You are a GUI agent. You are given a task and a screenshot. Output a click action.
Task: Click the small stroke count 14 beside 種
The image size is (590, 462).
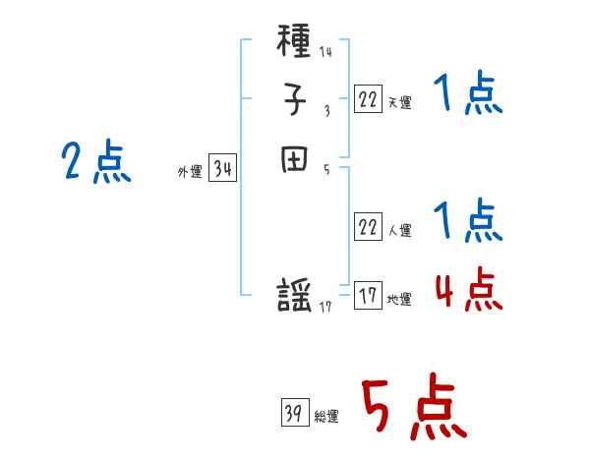point(325,52)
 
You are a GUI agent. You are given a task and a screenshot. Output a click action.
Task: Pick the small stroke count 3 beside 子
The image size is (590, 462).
point(326,110)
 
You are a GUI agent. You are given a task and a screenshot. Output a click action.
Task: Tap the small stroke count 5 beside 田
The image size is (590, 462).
point(326,168)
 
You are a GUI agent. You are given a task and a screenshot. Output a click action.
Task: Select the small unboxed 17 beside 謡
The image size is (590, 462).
point(326,308)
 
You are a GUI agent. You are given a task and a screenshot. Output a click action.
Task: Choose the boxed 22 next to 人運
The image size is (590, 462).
point(368,227)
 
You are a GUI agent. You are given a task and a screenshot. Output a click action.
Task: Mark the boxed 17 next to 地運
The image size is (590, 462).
point(368,295)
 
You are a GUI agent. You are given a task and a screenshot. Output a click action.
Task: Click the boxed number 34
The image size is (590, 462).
point(222,169)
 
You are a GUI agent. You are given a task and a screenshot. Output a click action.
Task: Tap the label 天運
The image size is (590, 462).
point(399,102)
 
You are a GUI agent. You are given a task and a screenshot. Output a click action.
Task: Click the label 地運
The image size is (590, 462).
point(399,300)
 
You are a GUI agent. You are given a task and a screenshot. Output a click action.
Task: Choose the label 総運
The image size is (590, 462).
point(326,418)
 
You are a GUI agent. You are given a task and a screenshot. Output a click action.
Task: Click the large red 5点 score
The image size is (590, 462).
point(412,409)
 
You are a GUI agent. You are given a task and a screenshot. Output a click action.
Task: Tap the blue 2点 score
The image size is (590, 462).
point(95,161)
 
